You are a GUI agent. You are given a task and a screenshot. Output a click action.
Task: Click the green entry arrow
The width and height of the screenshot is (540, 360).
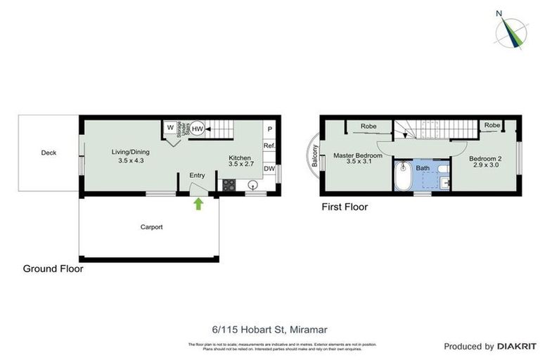198,204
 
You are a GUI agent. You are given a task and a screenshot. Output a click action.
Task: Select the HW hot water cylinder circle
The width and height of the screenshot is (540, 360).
198,129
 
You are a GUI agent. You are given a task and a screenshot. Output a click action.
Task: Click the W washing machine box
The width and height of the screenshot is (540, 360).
170,128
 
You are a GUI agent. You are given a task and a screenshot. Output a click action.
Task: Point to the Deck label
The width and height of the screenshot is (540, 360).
49,153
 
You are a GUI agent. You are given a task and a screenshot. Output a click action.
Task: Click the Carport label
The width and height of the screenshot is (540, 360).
151,227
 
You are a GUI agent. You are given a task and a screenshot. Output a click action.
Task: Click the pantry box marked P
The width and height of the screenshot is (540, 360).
270,129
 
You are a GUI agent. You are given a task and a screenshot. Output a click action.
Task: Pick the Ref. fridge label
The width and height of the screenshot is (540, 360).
269,146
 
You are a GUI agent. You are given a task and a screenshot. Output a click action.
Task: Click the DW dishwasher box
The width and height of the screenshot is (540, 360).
269,169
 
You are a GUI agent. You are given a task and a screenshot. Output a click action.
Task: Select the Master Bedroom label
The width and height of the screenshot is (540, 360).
357,155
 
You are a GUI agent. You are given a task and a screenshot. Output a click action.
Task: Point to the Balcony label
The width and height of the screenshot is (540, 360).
316,155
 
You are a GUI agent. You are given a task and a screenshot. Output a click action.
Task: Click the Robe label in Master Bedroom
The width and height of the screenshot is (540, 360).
368,127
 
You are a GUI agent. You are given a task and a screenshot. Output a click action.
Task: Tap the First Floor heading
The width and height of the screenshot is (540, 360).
345,207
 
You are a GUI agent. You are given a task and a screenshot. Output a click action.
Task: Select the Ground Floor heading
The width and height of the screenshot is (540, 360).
53,269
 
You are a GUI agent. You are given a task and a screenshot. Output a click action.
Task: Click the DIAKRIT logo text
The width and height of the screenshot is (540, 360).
517,347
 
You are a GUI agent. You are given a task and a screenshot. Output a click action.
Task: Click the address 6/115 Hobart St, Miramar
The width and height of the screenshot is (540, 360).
270,328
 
